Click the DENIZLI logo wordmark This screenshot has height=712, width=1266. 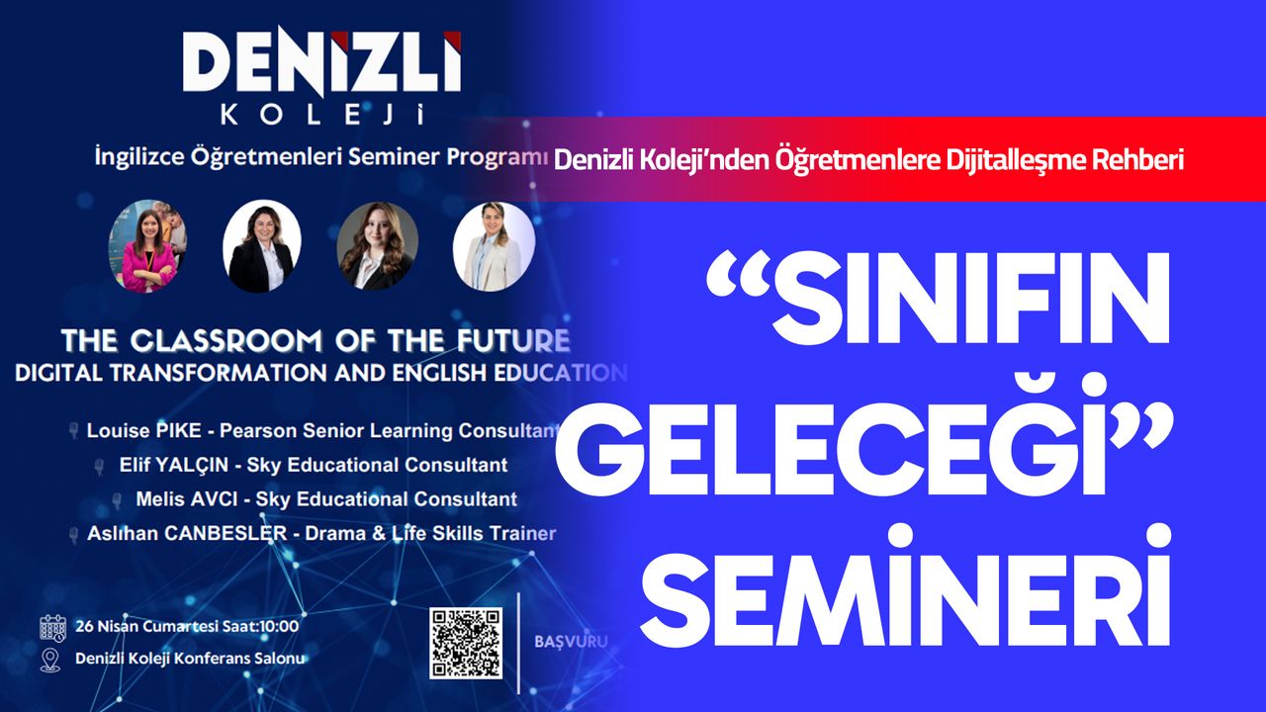322,62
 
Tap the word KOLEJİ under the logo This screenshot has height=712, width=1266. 322,115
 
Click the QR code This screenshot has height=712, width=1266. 466,643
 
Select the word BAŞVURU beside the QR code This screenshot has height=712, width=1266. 571,642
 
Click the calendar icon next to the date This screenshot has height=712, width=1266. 52,628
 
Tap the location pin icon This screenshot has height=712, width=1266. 50,660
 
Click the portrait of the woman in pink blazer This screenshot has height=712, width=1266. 148,246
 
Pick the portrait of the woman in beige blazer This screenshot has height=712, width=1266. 494,246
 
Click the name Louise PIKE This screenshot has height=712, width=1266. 143,431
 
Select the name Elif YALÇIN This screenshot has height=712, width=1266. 173,465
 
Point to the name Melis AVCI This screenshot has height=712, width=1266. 187,499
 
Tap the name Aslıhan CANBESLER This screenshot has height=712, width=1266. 187,533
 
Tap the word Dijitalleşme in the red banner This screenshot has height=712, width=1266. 1016,160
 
